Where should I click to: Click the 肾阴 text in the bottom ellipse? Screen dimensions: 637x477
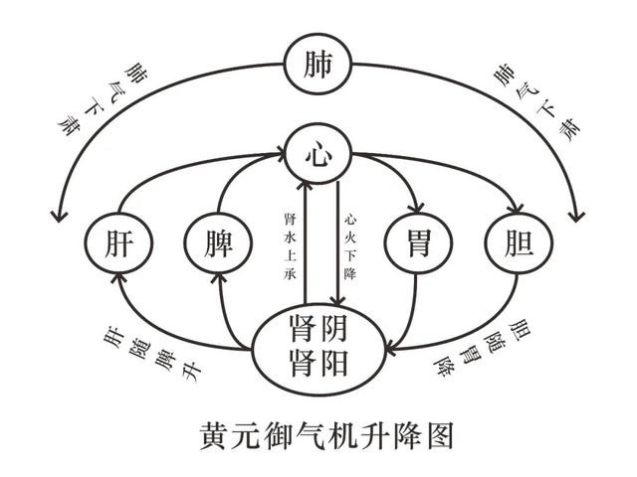click(x=318, y=329)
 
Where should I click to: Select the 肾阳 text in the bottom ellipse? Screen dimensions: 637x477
click(x=318, y=363)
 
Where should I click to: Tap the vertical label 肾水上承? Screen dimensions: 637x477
click(x=290, y=246)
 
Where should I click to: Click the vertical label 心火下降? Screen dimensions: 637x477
click(x=349, y=246)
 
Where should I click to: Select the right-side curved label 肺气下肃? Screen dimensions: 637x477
click(x=535, y=101)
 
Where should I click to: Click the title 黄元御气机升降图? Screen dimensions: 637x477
click(x=326, y=435)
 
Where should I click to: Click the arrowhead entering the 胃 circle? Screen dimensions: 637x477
click(x=418, y=208)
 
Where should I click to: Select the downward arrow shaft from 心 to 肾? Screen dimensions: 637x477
click(x=337, y=243)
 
